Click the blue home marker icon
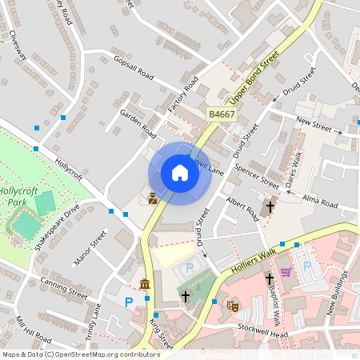(180, 173)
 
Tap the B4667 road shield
(222, 115)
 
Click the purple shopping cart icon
(286, 273)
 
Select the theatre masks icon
(234, 305)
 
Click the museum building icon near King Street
(144, 285)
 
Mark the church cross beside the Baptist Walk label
(270, 279)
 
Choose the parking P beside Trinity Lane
(129, 302)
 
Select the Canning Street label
(63, 288)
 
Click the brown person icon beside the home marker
(152, 198)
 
